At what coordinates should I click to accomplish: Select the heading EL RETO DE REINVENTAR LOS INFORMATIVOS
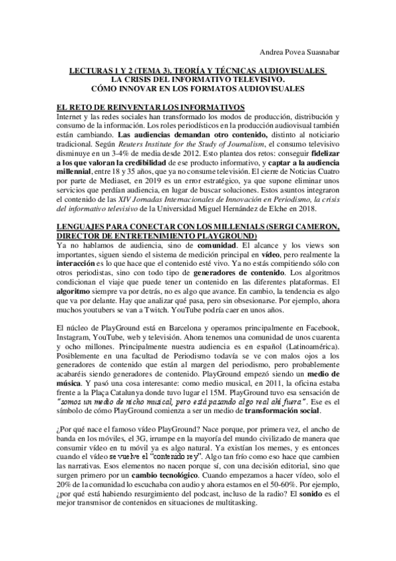[151, 107]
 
